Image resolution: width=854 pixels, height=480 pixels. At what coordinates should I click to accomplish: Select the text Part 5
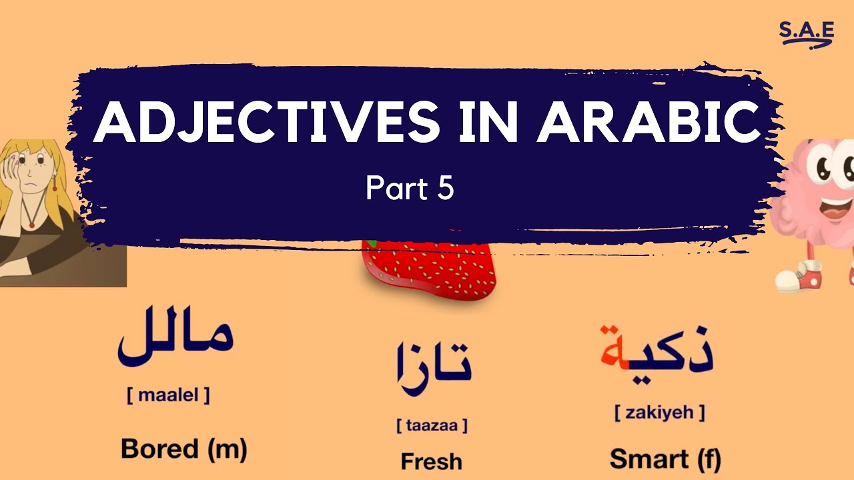410,189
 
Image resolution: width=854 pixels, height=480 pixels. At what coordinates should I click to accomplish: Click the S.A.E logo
807,33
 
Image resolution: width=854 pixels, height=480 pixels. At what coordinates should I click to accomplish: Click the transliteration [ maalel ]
168,395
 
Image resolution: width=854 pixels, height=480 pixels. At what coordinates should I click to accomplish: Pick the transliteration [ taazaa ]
432,425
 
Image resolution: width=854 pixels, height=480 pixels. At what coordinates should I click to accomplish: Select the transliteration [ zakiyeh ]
659,413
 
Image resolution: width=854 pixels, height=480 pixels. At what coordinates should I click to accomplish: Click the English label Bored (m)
183,450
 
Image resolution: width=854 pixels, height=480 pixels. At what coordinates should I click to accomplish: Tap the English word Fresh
431,461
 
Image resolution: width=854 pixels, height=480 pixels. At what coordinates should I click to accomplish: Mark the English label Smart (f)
665,459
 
